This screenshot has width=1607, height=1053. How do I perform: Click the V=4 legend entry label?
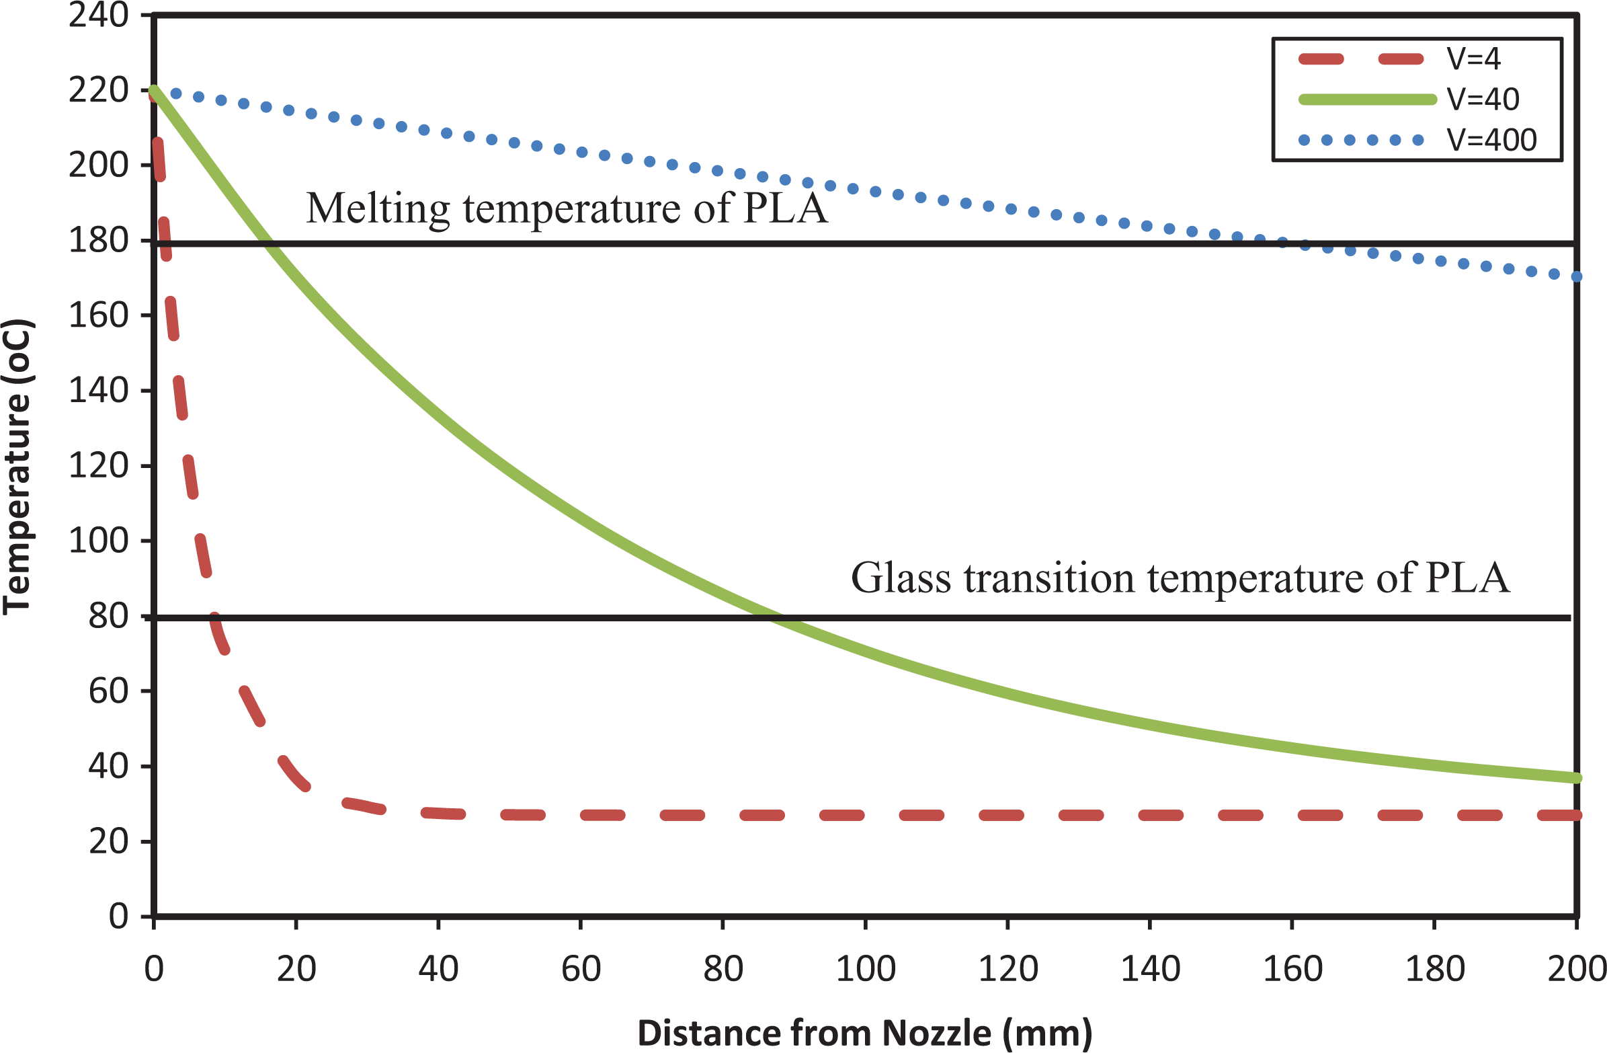coord(1474,59)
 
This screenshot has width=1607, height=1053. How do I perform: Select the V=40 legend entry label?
coord(1483,100)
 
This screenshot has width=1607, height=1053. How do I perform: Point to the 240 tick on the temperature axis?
coord(99,15)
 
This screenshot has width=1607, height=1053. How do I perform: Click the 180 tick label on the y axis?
coord(99,241)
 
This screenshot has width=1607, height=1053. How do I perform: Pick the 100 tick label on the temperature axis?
coord(99,541)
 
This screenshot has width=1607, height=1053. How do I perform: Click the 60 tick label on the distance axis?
coord(581,969)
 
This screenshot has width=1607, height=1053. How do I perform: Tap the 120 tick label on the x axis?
coord(1008,969)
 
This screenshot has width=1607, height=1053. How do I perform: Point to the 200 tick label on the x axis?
coord(1576,969)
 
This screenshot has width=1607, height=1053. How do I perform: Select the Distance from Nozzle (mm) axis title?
coord(865,1033)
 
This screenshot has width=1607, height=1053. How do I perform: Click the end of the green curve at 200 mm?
coord(1577,778)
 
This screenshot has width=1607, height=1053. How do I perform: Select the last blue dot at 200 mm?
coord(1577,276)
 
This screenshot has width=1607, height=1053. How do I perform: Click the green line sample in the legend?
coord(1367,100)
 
